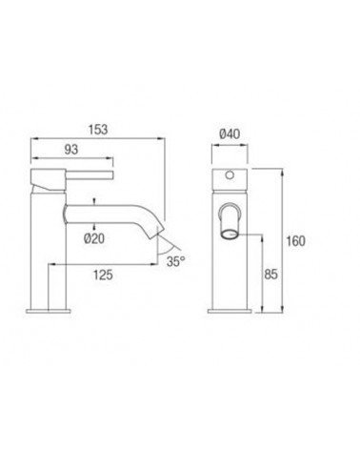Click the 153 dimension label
[98, 130]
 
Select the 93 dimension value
[71, 149]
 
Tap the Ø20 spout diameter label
[94, 238]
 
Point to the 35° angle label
[175, 261]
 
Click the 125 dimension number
[103, 275]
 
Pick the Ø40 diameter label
[230, 133]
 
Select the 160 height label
[295, 241]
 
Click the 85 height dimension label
[270, 274]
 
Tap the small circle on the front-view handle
[230, 175]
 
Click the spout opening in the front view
[230, 235]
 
